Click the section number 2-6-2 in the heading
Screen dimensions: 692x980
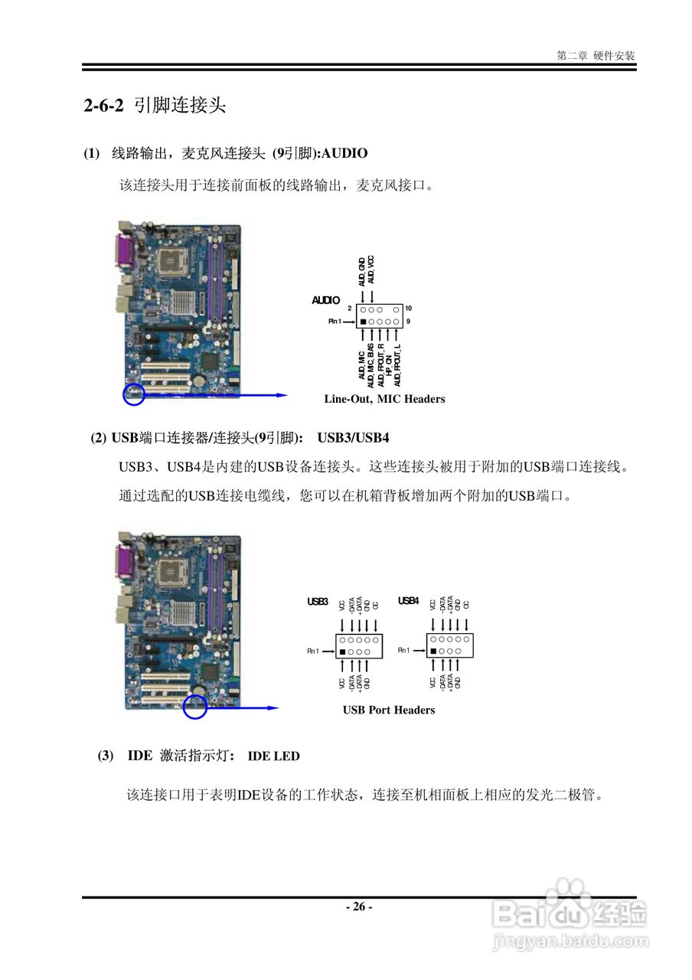click(103, 106)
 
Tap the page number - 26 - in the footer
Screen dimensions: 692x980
click(358, 907)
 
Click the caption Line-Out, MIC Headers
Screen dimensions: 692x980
click(384, 399)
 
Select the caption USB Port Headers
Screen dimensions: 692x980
click(389, 710)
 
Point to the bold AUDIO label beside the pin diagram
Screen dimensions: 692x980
click(325, 300)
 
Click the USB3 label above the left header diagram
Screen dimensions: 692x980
click(318, 602)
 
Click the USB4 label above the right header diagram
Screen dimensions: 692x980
click(408, 601)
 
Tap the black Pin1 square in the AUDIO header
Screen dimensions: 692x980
click(364, 322)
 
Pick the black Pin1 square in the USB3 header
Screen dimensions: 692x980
click(342, 651)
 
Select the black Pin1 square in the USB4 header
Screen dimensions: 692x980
click(433, 651)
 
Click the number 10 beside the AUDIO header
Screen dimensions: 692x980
click(408, 308)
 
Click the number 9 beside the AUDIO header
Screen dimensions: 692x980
click(408, 322)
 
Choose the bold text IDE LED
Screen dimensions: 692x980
click(273, 756)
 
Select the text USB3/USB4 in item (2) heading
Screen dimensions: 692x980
click(354, 438)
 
